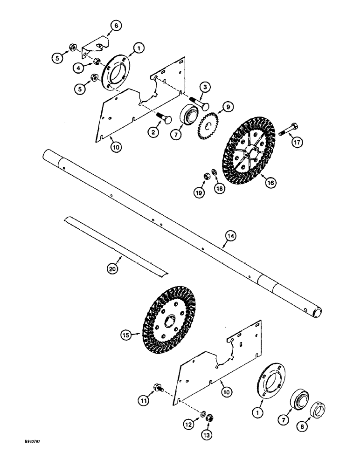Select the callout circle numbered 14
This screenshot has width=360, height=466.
[x=229, y=237]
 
